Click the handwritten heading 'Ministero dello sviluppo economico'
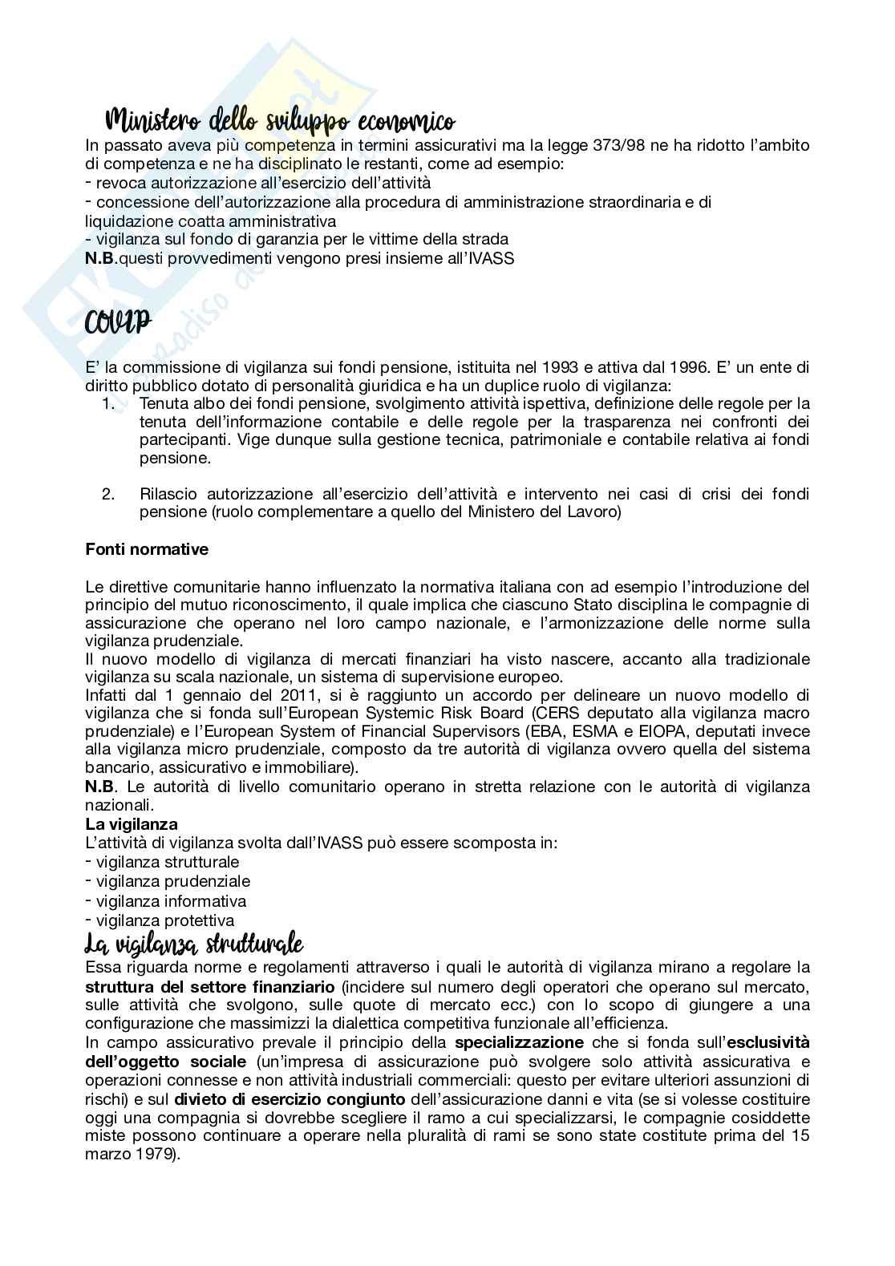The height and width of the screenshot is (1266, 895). pos(280,123)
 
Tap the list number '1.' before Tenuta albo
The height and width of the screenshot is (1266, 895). pos(109,402)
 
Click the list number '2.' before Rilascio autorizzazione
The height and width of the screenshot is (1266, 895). pos(109,493)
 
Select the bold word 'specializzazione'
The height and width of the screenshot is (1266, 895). pos(519,1042)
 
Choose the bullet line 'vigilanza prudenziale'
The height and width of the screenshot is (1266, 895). pos(172,881)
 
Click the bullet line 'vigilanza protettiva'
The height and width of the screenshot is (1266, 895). pos(165,920)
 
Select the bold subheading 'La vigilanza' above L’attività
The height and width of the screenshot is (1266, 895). pos(132,824)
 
